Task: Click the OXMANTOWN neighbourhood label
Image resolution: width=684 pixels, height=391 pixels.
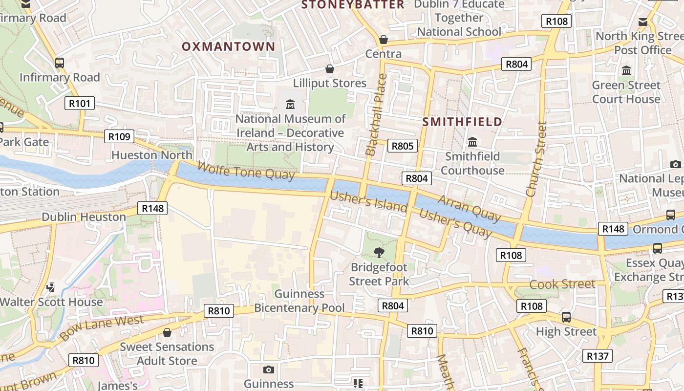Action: pos(229,46)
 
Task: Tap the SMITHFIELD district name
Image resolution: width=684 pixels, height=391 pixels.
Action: pos(462,122)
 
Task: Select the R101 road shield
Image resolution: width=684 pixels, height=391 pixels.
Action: pos(79,103)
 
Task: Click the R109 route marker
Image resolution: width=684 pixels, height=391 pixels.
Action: pos(119,136)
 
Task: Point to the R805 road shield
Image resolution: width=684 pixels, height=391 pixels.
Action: pos(403,146)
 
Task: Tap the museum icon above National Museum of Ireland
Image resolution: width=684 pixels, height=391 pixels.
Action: pos(291,104)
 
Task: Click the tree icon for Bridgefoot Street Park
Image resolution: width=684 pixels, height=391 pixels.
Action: pos(379,253)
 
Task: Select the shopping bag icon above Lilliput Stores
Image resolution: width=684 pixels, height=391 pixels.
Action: pos(330,69)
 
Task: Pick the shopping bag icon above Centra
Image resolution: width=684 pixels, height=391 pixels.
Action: pos(384,40)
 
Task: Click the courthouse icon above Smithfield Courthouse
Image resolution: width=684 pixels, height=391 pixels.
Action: pos(472,142)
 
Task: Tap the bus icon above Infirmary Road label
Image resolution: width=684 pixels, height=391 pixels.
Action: pos(60,63)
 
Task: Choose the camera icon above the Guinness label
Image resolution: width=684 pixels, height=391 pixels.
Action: pos(268,369)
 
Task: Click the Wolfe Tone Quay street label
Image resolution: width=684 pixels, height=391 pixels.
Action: pos(246,171)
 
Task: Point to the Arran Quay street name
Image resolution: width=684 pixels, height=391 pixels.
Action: pos(469,208)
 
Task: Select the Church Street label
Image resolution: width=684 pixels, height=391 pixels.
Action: pos(536,159)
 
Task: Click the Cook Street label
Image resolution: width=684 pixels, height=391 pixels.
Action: pos(562,284)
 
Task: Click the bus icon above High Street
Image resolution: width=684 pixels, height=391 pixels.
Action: pos(566,317)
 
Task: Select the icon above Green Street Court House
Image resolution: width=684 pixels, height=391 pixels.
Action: pos(626,71)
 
